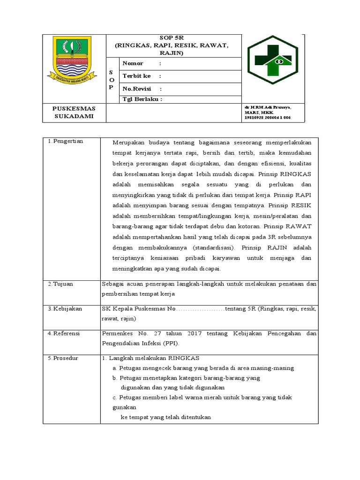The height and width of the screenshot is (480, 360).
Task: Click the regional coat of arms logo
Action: (74, 62)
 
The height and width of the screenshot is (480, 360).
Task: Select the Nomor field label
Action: (133, 63)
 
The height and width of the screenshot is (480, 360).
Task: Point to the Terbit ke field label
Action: (136, 76)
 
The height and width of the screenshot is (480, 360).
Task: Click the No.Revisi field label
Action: (136, 89)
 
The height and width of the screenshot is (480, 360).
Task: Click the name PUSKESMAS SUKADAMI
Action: (74, 112)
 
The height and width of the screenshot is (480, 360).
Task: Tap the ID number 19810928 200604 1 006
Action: (268, 118)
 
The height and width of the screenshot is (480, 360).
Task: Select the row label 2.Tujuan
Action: (60, 284)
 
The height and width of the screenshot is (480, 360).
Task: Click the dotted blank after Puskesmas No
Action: (200, 309)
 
